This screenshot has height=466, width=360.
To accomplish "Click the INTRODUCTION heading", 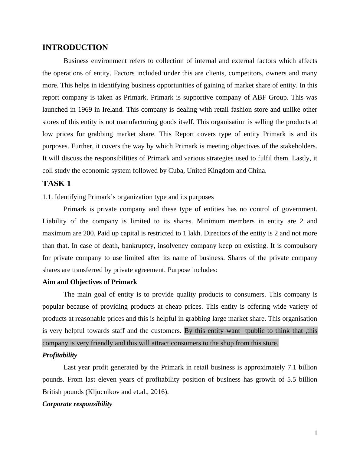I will [75, 48].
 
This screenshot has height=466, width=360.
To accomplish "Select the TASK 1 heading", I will [57, 184].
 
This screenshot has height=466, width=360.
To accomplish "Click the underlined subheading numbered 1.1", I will [128, 197].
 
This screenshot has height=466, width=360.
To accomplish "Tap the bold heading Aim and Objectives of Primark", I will [90, 282].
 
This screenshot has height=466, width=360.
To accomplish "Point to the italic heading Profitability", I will [60, 355].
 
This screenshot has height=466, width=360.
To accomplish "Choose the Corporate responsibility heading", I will [77, 404].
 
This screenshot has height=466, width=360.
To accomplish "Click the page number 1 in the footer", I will [316, 433].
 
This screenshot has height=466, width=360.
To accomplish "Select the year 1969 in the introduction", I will [85, 110].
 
